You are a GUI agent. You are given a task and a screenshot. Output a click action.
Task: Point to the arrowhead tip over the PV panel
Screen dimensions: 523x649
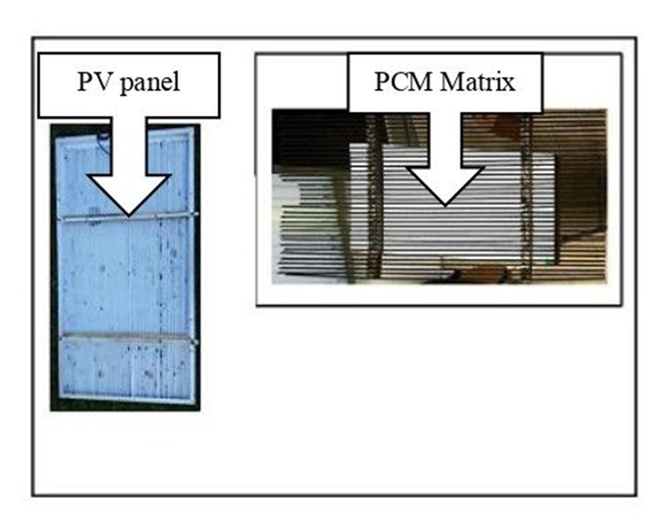(x=129, y=214)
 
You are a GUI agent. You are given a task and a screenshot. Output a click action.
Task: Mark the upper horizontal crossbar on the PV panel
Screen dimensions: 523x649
(x=125, y=219)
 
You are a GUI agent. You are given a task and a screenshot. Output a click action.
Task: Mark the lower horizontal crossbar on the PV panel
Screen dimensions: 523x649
(x=125, y=337)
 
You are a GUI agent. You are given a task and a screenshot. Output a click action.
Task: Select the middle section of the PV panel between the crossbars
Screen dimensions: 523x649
(x=125, y=278)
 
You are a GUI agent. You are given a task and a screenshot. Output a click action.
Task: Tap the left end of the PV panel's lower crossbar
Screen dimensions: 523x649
(x=61, y=338)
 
